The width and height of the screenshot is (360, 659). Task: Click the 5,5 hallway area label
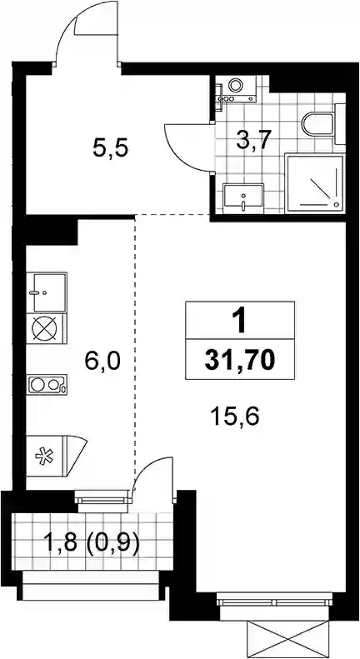pyautogui.click(x=110, y=148)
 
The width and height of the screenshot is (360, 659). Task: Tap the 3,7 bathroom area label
pyautogui.click(x=252, y=139)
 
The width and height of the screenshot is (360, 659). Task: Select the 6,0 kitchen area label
pyautogui.click(x=102, y=361)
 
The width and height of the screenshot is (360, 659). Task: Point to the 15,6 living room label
pyautogui.click(x=236, y=417)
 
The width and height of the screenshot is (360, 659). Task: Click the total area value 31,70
pyautogui.click(x=240, y=360)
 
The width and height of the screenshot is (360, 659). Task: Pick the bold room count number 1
pyautogui.click(x=240, y=321)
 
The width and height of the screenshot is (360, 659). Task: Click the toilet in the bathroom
pyautogui.click(x=319, y=124)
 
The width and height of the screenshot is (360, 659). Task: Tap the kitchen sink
pyautogui.click(x=47, y=292)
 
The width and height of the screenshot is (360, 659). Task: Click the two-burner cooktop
pyautogui.click(x=47, y=385)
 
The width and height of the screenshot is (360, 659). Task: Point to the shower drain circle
pyautogui.click(x=336, y=204)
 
